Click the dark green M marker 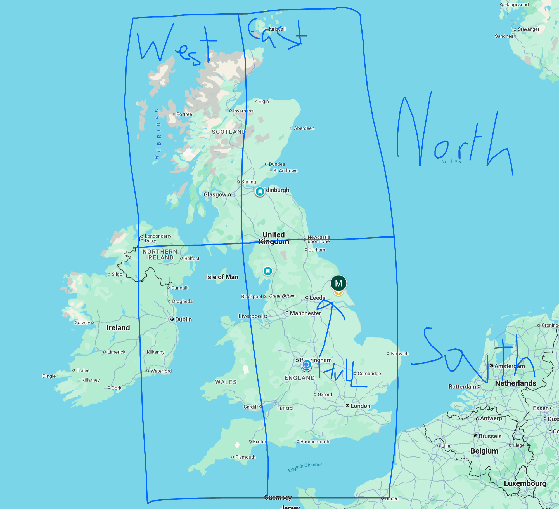coord(338,283)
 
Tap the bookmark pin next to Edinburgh coord(260,191)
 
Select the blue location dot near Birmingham coord(307,364)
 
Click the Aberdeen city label coord(304,128)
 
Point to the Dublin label coord(183,319)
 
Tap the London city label coord(360,406)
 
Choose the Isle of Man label coord(222,277)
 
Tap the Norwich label coord(400,354)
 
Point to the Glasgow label coord(215,194)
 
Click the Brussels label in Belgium coord(490,436)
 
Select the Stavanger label coord(528,29)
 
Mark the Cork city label coord(116,388)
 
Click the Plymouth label coord(245,457)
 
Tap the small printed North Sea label coord(452,161)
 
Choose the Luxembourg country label coord(525,484)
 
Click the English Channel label coord(305,467)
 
